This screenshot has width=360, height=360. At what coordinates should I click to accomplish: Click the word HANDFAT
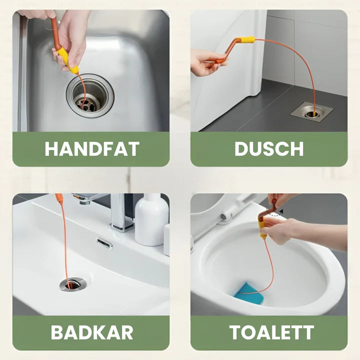pos(92,149)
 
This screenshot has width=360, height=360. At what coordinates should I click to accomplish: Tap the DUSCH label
pos(269,149)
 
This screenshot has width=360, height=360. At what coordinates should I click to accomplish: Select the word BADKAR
pos(92,332)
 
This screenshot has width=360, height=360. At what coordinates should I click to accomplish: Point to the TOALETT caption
pos(271,332)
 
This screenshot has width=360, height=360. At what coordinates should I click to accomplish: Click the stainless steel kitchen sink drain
pos(90,95)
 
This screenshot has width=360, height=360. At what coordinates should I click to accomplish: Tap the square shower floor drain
pos(311,111)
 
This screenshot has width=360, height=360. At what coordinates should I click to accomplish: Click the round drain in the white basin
pos(72,284)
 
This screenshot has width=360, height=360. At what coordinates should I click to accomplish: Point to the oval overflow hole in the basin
pos(104,242)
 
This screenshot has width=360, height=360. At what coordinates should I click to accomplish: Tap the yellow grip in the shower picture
pos(246,40)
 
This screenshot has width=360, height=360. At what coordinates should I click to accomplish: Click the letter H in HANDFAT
pos(50,149)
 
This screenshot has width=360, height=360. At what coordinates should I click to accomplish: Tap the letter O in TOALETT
pos(247,332)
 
